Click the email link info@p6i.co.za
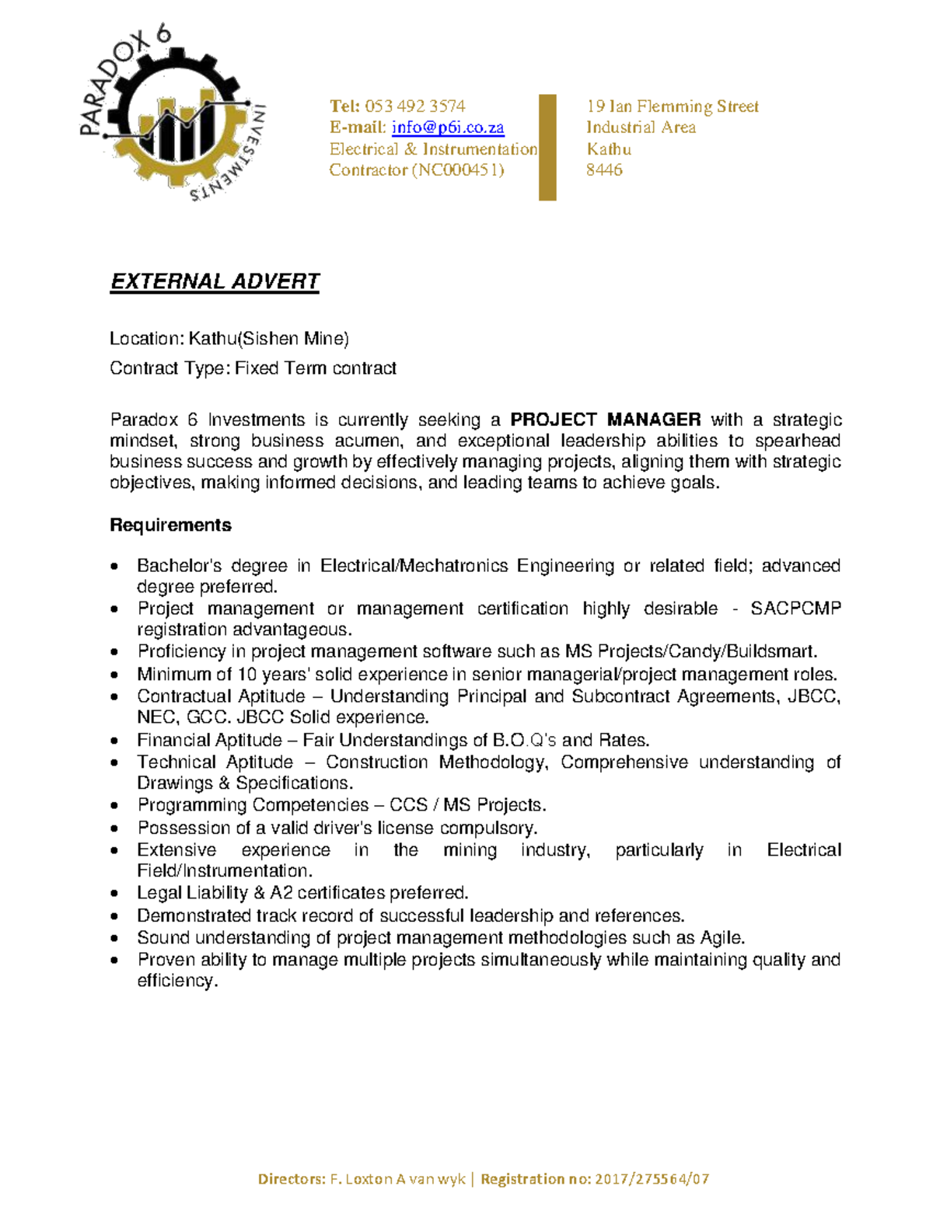[448, 127]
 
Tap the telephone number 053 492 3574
[414, 106]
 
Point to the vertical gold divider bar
[547, 148]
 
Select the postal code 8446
[604, 170]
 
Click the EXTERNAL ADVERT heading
[215, 281]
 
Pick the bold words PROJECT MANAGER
[606, 420]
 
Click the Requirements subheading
[170, 525]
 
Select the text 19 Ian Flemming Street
[673, 106]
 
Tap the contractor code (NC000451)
[458, 170]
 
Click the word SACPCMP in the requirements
[795, 609]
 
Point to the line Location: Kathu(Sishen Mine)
[229, 339]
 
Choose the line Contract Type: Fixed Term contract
[253, 368]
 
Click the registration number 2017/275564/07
[652, 1179]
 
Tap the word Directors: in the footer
[292, 1179]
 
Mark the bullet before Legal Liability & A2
[115, 894]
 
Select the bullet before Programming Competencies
[115, 806]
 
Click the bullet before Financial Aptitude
[115, 741]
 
